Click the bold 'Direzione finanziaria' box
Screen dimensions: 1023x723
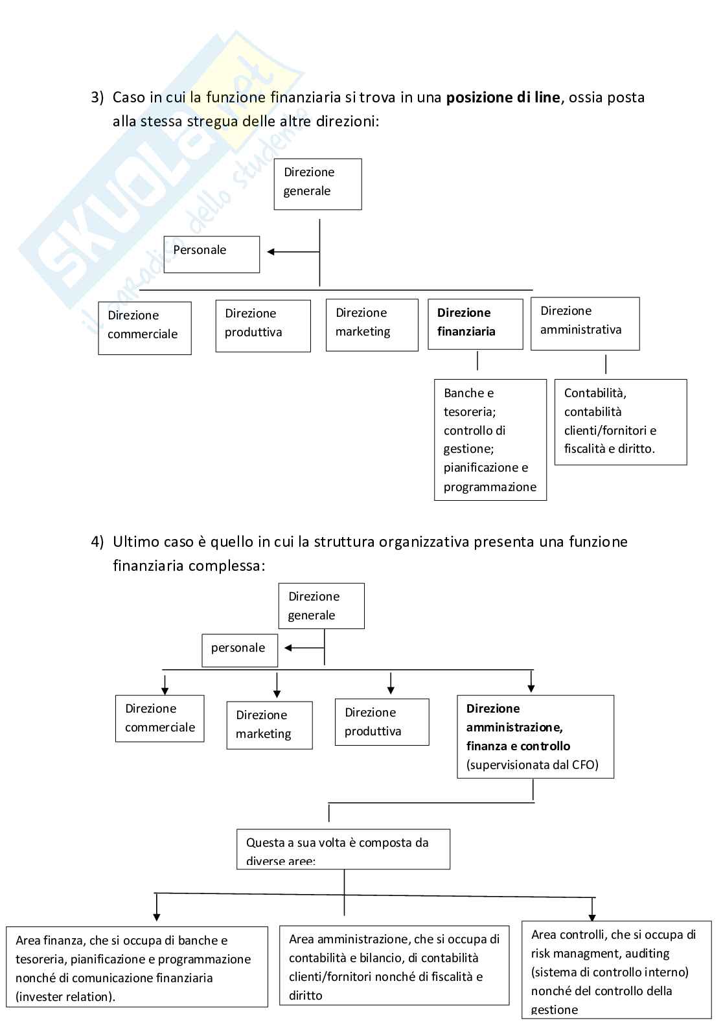pos(475,324)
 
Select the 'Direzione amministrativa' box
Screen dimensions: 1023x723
pos(585,323)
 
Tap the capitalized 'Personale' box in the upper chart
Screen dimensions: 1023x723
pos(211,254)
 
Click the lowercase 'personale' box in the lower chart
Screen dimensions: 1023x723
pos(240,650)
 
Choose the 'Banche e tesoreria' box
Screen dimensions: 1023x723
pos(490,440)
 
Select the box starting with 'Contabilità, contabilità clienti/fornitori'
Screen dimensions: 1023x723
pos(620,422)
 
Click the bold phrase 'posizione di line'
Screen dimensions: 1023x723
pos(503,98)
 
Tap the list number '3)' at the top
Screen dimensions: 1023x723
pos(97,98)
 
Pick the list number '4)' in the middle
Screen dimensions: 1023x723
pos(97,542)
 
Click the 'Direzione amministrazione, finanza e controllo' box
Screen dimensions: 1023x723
pos(535,737)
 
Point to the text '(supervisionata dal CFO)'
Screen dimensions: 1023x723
pos(532,764)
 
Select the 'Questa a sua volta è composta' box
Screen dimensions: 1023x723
pos(343,849)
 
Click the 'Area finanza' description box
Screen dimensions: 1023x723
pos(137,967)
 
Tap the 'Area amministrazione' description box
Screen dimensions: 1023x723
pos(394,965)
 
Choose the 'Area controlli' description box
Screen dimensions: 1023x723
pos(616,970)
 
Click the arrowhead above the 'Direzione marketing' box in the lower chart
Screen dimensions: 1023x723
pos(277,693)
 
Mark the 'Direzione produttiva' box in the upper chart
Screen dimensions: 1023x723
pos(262,326)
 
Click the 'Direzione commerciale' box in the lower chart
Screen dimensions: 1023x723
pos(159,718)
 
